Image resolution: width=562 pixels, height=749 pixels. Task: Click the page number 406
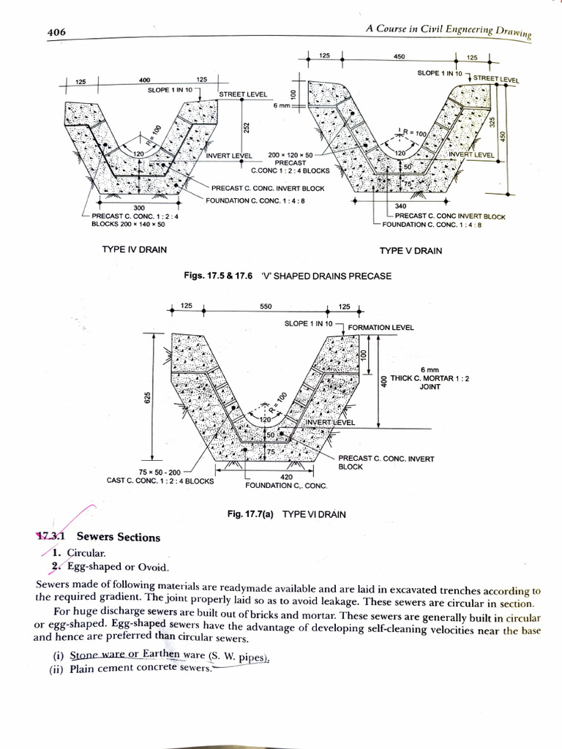click(x=56, y=32)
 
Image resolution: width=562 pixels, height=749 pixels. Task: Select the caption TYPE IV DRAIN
click(x=134, y=250)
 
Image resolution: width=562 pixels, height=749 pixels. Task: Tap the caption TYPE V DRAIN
click(x=411, y=251)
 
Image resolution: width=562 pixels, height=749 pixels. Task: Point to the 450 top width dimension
click(x=399, y=56)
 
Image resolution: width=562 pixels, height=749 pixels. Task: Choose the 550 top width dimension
click(x=265, y=307)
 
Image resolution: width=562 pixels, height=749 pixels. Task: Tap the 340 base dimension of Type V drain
click(x=400, y=207)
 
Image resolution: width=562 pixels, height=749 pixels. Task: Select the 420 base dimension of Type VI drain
click(x=266, y=476)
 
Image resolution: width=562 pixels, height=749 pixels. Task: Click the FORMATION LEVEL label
click(x=381, y=327)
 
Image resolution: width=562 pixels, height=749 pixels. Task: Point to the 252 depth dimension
click(x=247, y=127)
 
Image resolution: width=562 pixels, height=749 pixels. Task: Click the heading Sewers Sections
click(x=118, y=537)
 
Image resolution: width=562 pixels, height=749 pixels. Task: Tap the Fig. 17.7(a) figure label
click(x=250, y=514)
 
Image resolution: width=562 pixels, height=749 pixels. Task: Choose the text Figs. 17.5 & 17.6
click(x=220, y=276)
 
